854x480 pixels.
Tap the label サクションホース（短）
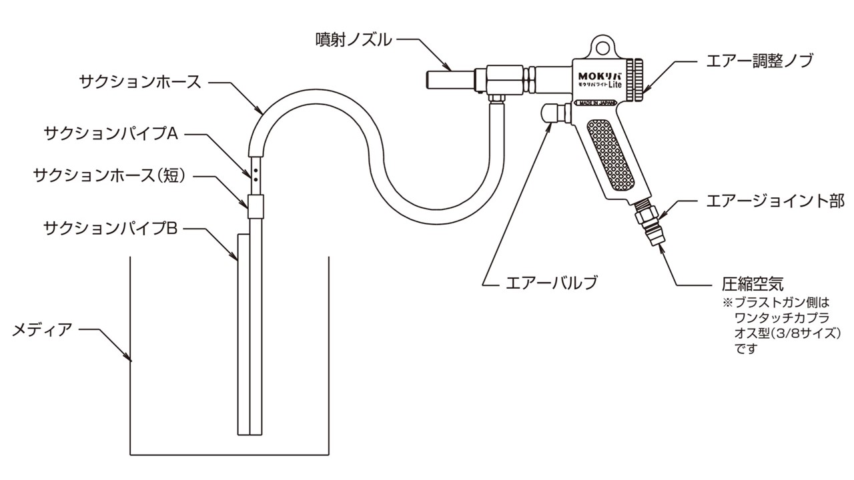pyautogui.click(x=109, y=176)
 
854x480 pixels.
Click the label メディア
pyautogui.click(x=42, y=329)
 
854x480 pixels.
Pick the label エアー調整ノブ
pyautogui.click(x=760, y=61)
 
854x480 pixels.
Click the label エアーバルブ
pyautogui.click(x=548, y=283)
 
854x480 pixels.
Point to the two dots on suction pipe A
pyautogui.click(x=256, y=175)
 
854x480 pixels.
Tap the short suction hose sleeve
pyautogui.click(x=256, y=206)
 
